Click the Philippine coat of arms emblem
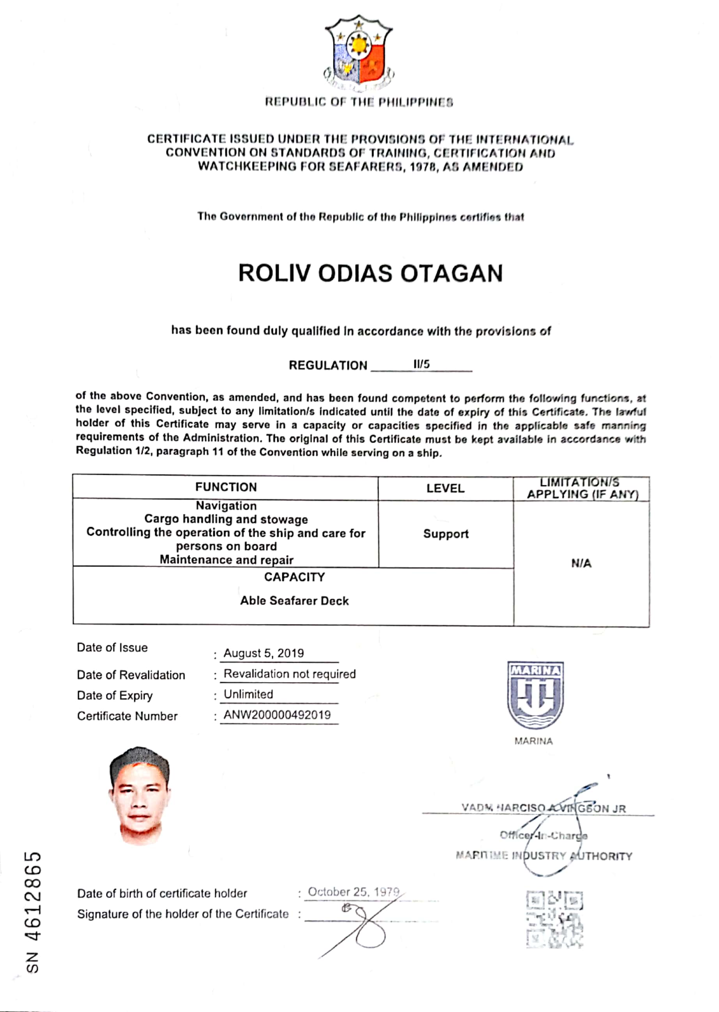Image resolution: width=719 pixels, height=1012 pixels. pyautogui.click(x=359, y=52)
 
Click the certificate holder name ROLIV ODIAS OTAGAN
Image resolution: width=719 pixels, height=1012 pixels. pyautogui.click(x=370, y=273)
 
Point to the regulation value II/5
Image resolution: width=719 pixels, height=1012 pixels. pyautogui.click(x=421, y=364)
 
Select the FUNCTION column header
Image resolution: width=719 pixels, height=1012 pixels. pyautogui.click(x=226, y=487)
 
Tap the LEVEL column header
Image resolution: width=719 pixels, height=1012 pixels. pyautogui.click(x=445, y=488)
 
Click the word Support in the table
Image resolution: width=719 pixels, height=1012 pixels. pyautogui.click(x=445, y=534)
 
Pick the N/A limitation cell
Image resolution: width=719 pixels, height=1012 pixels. pyautogui.click(x=581, y=564)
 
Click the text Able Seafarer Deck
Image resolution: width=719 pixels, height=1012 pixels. pyautogui.click(x=294, y=601)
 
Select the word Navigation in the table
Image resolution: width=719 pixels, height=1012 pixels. pyautogui.click(x=226, y=506)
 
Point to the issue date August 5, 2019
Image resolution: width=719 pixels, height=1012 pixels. pyautogui.click(x=264, y=653)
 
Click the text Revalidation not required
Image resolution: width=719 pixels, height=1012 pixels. pyautogui.click(x=290, y=674)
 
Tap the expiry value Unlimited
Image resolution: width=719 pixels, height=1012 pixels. pyautogui.click(x=248, y=694)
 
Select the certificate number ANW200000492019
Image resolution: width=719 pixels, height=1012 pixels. pyautogui.click(x=277, y=715)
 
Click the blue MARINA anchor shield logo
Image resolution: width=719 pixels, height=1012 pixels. pyautogui.click(x=535, y=695)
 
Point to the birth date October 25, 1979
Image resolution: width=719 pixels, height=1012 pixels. pyautogui.click(x=354, y=892)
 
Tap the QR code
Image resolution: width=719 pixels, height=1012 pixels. pyautogui.click(x=554, y=920)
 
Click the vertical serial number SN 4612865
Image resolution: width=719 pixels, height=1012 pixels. pyautogui.click(x=34, y=912)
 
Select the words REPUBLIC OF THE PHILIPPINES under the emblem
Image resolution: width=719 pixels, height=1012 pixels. pyautogui.click(x=359, y=102)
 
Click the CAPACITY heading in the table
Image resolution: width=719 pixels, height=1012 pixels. pyautogui.click(x=294, y=577)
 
